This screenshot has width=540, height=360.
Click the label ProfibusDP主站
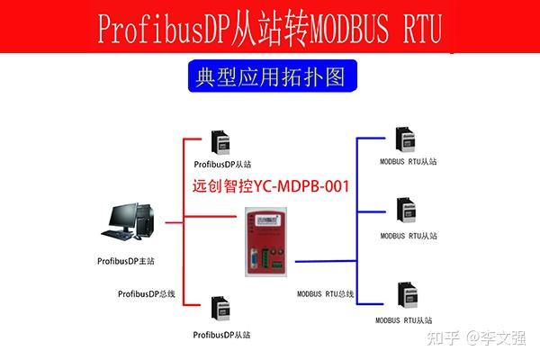click(127, 261)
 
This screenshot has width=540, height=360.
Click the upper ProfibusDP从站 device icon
click(219, 143)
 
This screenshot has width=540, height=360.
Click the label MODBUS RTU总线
click(326, 294)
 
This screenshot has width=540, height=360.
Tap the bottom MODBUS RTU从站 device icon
click(407, 297)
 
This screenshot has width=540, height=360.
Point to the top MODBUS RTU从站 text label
click(408, 163)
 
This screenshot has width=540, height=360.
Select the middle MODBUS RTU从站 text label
click(408, 236)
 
